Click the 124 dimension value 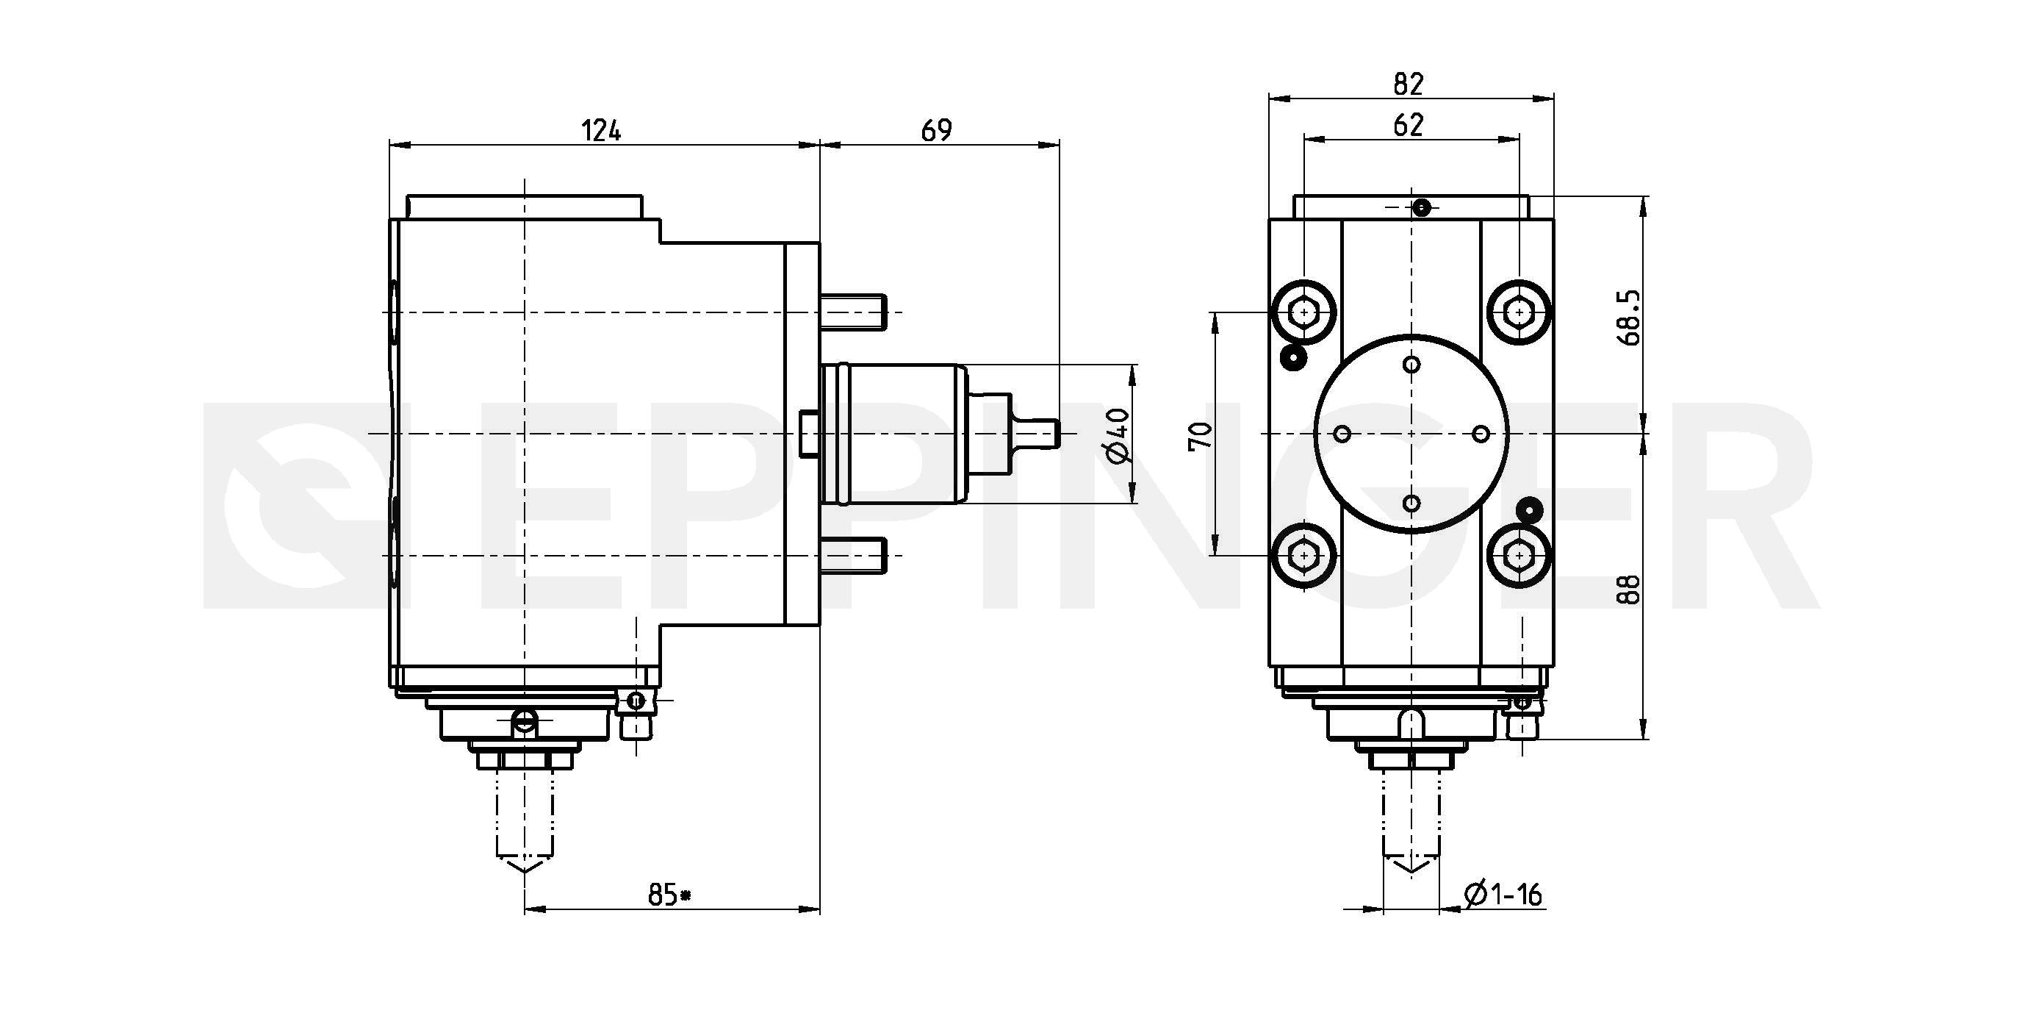tap(601, 131)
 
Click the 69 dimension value tap(936, 131)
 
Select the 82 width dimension tap(1408, 83)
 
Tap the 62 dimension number tap(1408, 125)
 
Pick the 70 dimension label tap(1201, 435)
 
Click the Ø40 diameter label tap(1118, 435)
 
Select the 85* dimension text tap(669, 894)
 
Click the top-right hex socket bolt tap(1519, 312)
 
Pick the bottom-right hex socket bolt tap(1519, 556)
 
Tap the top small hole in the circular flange tap(1411, 364)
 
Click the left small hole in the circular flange tap(1342, 434)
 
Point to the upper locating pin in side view tap(855, 312)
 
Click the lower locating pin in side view tap(855, 555)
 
